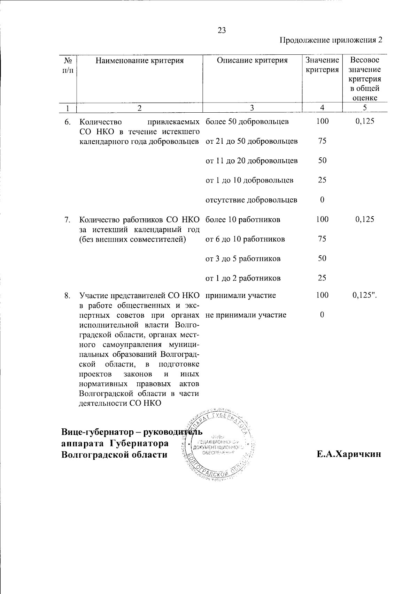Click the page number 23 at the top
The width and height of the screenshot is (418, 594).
coord(222,31)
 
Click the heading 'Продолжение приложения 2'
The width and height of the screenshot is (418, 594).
coord(331,40)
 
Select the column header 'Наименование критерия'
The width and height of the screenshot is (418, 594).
coord(139,61)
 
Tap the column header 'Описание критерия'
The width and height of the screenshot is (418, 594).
coord(252,61)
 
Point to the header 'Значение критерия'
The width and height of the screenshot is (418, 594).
coord(322,65)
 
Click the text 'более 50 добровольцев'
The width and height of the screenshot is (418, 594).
coord(247,122)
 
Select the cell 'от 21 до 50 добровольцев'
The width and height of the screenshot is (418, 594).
coord(252,141)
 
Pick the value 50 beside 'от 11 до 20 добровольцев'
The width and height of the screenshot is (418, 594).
coord(322,161)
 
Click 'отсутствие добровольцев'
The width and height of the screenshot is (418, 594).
coord(251,200)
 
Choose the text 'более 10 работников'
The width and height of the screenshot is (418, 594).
coord(243,220)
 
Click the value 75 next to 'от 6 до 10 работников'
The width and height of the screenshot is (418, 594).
coord(322,239)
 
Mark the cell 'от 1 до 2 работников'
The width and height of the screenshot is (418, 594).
coord(243,278)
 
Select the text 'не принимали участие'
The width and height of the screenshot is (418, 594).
coord(246,315)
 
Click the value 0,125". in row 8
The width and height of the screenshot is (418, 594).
coord(365,295)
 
